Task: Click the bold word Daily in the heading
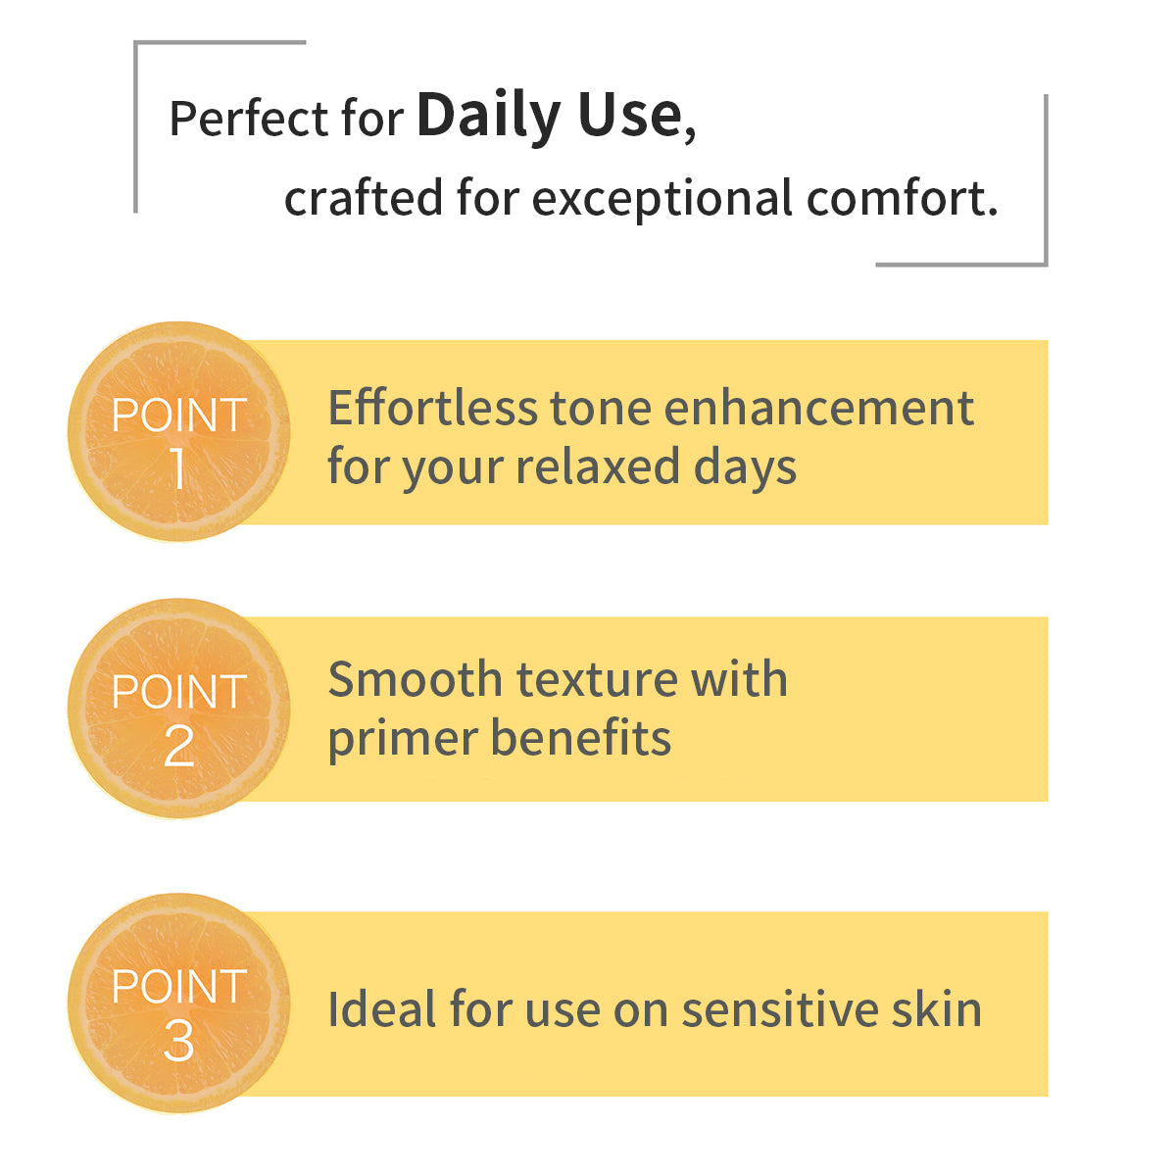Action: point(488,116)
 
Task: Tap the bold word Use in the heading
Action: point(629,115)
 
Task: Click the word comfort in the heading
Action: point(897,198)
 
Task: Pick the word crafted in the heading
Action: point(364,197)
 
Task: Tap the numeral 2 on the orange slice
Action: point(178,746)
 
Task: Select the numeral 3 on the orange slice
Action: point(178,1041)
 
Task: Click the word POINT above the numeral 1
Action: point(178,416)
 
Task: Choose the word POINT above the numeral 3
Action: point(178,986)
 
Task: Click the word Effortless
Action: point(433,408)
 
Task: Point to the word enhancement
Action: point(818,408)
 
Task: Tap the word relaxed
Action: point(597,466)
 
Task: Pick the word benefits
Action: point(580,737)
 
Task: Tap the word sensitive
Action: point(780,1010)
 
